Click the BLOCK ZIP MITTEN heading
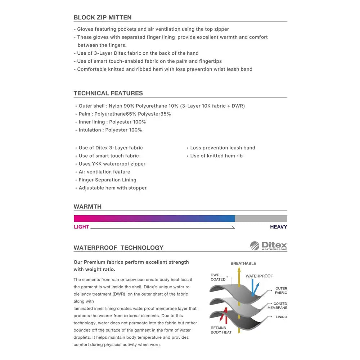103,17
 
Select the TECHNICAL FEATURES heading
108,93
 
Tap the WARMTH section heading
87,207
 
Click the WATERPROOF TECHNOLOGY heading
118,248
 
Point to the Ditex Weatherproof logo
269,246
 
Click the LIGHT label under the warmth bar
81,227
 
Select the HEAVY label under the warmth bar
278,227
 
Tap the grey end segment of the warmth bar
261,219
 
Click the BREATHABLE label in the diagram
243,264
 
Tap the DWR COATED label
218,277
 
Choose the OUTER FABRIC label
281,291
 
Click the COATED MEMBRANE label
277,306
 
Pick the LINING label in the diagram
281,317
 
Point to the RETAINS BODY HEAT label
221,330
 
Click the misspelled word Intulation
90,130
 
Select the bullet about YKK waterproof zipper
112,164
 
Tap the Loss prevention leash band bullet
222,148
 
